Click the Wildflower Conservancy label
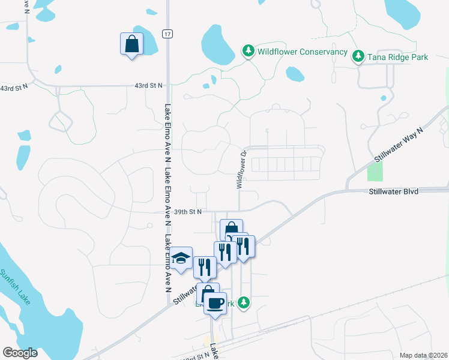click(x=303, y=52)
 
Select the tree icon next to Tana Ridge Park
click(x=358, y=56)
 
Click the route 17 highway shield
click(x=167, y=34)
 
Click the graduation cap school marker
click(x=181, y=257)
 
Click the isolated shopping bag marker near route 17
click(x=131, y=44)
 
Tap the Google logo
click(x=20, y=353)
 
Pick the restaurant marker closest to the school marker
click(x=205, y=268)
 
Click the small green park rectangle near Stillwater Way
click(x=375, y=171)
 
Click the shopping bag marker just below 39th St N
click(x=231, y=230)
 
